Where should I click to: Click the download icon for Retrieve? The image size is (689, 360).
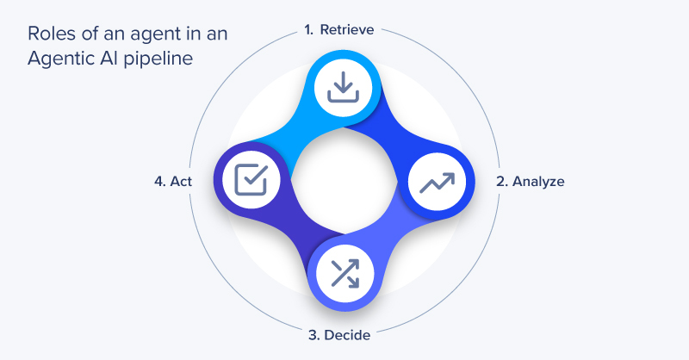coord(344,87)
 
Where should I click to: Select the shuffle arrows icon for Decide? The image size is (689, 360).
coord(344,275)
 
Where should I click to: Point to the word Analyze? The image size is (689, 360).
coord(539,182)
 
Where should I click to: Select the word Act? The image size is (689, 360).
coord(181,182)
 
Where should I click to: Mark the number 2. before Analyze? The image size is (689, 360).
coord(501,182)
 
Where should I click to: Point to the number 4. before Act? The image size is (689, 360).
coord(158,182)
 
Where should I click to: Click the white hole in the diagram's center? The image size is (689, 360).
coord(344,182)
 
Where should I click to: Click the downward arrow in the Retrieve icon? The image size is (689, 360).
coord(344,83)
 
